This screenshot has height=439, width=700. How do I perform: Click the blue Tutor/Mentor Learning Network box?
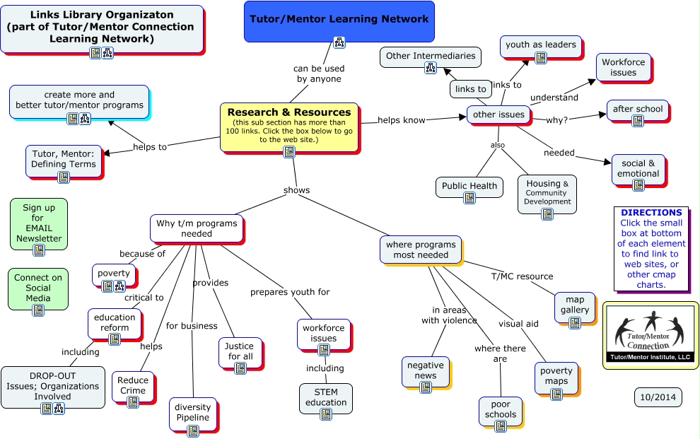pyautogui.click(x=339, y=20)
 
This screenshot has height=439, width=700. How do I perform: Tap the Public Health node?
pyautogui.click(x=469, y=187)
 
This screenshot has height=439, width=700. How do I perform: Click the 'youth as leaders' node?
pyautogui.click(x=541, y=45)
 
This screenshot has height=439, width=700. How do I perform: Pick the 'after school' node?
pyautogui.click(x=637, y=110)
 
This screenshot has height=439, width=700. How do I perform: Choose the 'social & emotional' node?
pyautogui.click(x=638, y=168)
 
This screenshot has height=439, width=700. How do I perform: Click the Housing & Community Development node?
pyautogui.click(x=547, y=192)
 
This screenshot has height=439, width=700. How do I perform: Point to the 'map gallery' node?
pyautogui.click(x=574, y=305)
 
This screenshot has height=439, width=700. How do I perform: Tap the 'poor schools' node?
pyautogui.click(x=500, y=409)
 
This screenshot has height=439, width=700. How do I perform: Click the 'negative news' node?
pyautogui.click(x=425, y=370)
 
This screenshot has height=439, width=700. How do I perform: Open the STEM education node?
pyautogui.click(x=325, y=397)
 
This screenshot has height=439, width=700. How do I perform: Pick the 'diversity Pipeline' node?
pyautogui.click(x=192, y=412)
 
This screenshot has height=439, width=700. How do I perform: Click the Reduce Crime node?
pyautogui.click(x=133, y=386)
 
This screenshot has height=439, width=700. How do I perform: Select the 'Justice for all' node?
pyautogui.click(x=240, y=351)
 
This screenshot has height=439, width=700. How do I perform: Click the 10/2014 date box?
pyautogui.click(x=658, y=397)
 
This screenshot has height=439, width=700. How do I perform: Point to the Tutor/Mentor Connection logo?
pyautogui.click(x=650, y=334)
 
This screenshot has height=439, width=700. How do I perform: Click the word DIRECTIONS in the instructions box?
pyautogui.click(x=651, y=212)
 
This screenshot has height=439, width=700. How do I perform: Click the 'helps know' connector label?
pyautogui.click(x=402, y=120)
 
